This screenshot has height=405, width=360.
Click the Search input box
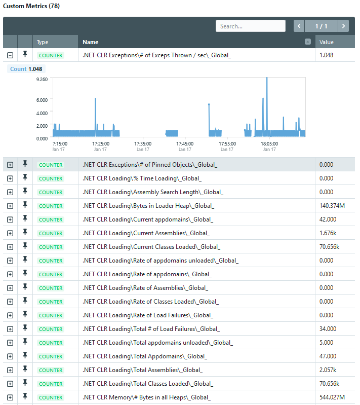tap(250, 26)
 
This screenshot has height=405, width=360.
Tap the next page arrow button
tap(343, 26)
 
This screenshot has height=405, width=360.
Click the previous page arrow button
tap(299, 26)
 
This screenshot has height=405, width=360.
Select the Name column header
tap(90, 42)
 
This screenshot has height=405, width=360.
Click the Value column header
tap(326, 42)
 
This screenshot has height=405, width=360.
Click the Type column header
tap(43, 42)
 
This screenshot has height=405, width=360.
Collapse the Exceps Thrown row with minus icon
tap(10, 55)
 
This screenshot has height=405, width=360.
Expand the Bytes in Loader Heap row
tap(10, 206)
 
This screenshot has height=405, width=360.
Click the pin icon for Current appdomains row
tap(25, 218)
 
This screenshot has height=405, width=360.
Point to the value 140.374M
tap(332, 206)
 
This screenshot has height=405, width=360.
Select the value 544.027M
tap(332, 397)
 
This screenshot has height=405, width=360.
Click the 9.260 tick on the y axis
tap(42, 79)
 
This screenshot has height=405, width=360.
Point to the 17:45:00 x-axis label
tap(185, 143)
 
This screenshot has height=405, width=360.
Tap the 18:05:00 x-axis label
tap(269, 143)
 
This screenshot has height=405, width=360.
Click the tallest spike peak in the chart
tap(267, 78)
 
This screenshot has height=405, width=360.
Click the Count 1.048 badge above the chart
tap(26, 69)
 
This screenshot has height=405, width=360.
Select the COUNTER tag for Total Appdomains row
tap(51, 356)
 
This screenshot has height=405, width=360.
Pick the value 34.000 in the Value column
tap(328, 329)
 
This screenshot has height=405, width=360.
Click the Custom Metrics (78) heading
tap(31, 6)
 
